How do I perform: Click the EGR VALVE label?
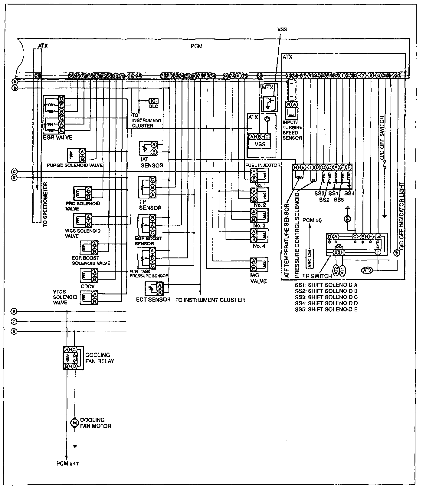coord(57,138)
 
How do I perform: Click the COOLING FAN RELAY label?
coord(100,358)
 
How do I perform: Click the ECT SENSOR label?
coord(153,300)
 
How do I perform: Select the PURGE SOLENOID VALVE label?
coord(75,165)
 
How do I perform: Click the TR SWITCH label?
coord(317,276)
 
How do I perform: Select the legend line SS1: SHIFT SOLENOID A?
coord(326,285)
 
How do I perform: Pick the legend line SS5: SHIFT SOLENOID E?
coord(326,309)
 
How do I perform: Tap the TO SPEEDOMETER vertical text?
coord(45,205)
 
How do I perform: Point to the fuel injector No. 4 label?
coord(259,246)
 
